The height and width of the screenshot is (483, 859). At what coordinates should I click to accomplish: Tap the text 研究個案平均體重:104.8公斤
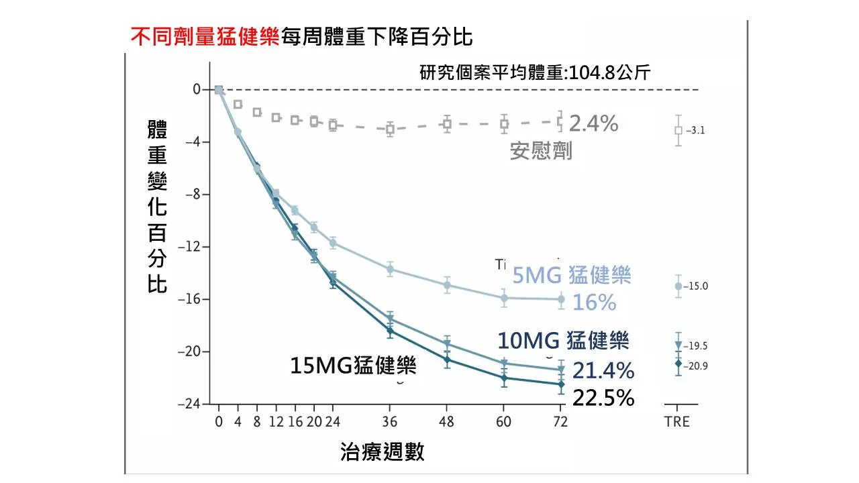pyautogui.click(x=535, y=73)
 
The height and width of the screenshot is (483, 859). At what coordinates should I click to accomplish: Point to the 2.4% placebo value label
pyautogui.click(x=593, y=123)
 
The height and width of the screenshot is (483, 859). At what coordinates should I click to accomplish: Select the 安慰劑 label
pyautogui.click(x=541, y=151)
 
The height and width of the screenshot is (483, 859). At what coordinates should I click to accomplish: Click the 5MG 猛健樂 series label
pyautogui.click(x=572, y=275)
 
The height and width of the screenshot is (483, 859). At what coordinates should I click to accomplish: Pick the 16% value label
pyautogui.click(x=594, y=303)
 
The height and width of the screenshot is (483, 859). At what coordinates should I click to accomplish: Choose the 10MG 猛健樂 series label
pyautogui.click(x=563, y=341)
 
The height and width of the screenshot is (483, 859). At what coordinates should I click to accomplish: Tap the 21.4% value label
pyautogui.click(x=603, y=370)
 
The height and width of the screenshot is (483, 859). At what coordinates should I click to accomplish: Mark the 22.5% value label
pyautogui.click(x=603, y=398)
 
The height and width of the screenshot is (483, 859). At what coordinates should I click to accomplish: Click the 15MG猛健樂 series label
pyautogui.click(x=353, y=366)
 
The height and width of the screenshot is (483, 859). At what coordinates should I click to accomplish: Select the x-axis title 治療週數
pyautogui.click(x=383, y=452)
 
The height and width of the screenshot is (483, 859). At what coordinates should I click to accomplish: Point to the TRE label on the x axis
pyautogui.click(x=677, y=422)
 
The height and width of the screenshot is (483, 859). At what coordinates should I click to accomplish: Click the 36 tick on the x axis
pyautogui.click(x=390, y=422)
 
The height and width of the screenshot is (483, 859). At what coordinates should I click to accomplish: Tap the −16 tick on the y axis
pyautogui.click(x=189, y=299)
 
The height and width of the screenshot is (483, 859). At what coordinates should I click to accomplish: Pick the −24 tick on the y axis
pyautogui.click(x=189, y=405)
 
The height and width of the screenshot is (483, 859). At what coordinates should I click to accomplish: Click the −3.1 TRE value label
pyautogui.click(x=695, y=131)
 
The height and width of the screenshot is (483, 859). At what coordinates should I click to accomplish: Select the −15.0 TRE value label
pyautogui.click(x=697, y=286)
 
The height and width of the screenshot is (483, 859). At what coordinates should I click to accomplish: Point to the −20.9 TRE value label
pyautogui.click(x=697, y=366)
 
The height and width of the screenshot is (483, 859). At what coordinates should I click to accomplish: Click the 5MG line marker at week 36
pyautogui.click(x=390, y=269)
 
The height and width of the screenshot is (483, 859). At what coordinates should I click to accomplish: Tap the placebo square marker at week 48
pyautogui.click(x=447, y=123)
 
